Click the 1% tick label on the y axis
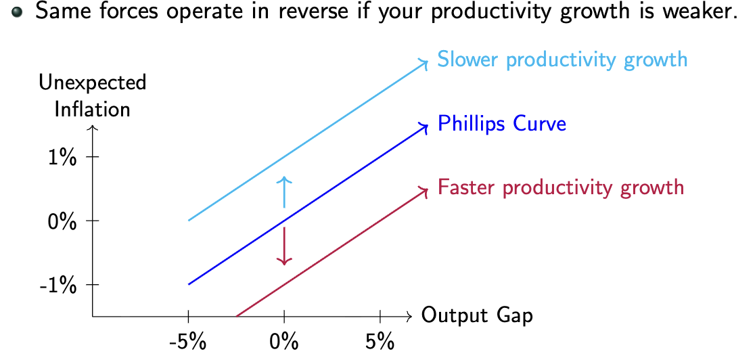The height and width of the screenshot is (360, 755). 62,157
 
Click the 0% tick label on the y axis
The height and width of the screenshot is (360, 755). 62,221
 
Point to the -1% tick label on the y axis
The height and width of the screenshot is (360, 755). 60,285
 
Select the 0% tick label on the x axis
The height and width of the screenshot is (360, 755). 284,341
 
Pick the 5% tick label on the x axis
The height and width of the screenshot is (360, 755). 380,341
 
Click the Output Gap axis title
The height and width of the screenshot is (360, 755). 477,316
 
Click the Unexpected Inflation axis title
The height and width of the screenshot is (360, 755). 93,95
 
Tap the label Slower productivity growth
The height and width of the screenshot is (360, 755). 562,60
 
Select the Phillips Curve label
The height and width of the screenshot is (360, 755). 501,124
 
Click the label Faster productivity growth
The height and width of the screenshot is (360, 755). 561,187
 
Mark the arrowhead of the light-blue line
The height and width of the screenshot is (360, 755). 425,62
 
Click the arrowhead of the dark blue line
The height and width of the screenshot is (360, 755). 425,126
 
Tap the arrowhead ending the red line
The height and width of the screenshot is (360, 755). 425,190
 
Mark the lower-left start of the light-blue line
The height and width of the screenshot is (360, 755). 189,220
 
